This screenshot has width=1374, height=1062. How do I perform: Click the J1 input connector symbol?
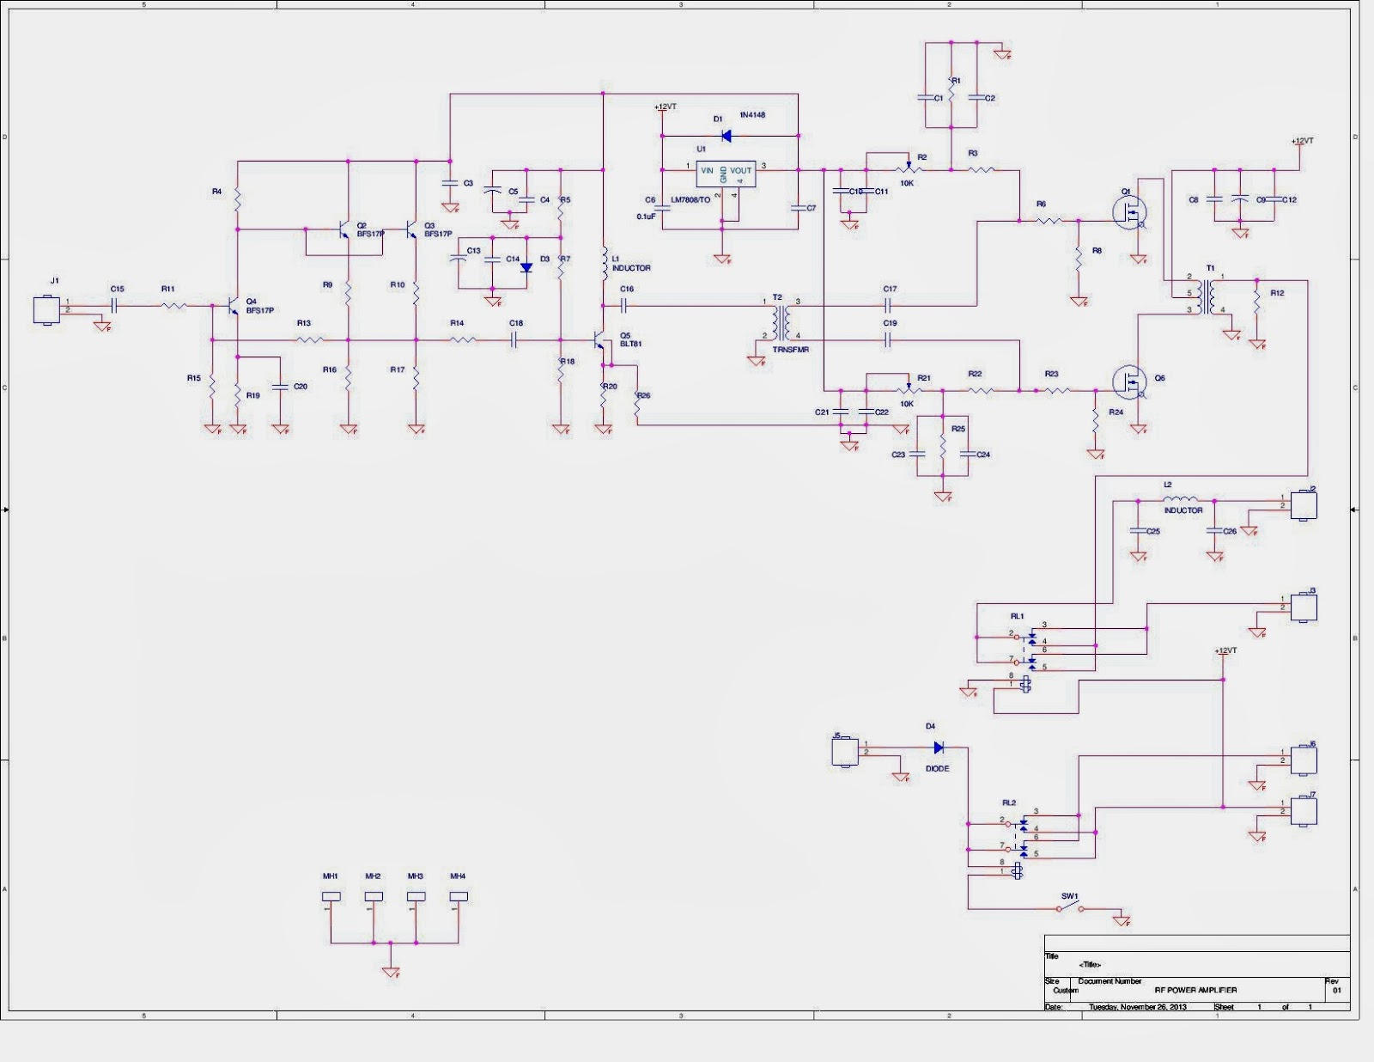[x=46, y=310]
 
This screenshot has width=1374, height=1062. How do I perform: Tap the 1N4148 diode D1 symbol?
[x=726, y=136]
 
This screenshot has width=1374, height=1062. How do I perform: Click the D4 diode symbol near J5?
[x=938, y=748]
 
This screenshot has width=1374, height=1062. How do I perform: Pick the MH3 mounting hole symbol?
[x=416, y=896]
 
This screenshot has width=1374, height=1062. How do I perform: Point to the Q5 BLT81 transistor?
[x=600, y=341]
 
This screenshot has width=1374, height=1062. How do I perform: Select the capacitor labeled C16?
[x=624, y=305]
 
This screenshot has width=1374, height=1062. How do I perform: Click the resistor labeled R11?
[x=170, y=305]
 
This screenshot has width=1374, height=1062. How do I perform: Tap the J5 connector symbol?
[x=845, y=752]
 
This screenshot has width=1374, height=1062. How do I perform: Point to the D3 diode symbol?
[x=526, y=267]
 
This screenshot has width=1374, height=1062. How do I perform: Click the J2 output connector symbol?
[x=1304, y=504]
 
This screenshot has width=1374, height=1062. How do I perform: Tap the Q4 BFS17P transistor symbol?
[x=233, y=307]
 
